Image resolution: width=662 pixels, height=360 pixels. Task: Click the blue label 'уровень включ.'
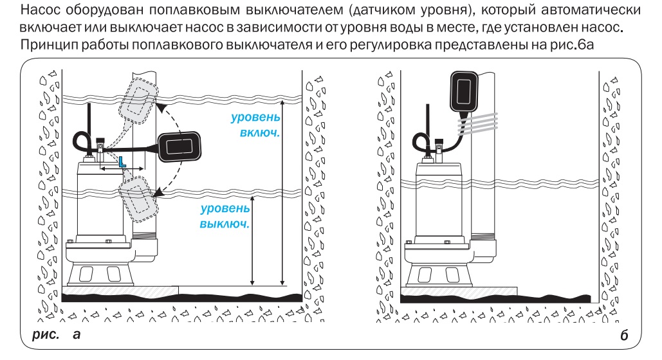[x=255, y=125]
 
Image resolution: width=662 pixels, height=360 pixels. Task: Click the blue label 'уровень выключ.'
[x=225, y=215]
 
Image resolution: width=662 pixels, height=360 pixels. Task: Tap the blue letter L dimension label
[x=122, y=161]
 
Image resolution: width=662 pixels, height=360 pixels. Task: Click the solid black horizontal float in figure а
[x=179, y=147]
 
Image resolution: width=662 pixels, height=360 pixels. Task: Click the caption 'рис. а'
[x=56, y=334]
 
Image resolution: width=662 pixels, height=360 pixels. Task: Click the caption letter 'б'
[x=624, y=335]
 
